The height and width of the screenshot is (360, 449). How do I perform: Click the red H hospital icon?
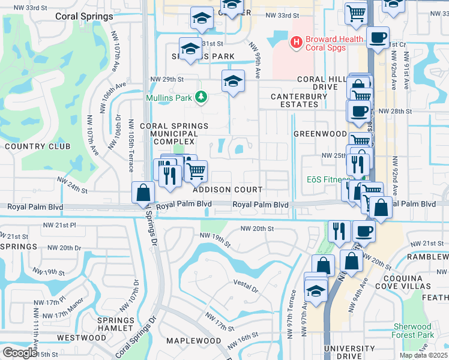click(x=295, y=42)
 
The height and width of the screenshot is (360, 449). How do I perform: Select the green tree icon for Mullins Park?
click(x=202, y=97)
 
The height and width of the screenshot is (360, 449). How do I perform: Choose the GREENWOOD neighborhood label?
click(x=320, y=134)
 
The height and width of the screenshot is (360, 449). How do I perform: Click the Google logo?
click(x=19, y=353)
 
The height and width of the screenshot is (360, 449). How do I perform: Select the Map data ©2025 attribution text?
click(x=423, y=355)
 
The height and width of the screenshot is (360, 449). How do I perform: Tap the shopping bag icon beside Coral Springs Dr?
click(x=143, y=193)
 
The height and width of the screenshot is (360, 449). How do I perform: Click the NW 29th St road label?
click(x=166, y=79)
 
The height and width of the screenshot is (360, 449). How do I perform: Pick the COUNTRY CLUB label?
click(x=37, y=146)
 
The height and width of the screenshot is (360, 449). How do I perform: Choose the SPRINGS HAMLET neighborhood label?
click(x=115, y=324)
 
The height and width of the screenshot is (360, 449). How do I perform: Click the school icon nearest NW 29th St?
click(x=233, y=82)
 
